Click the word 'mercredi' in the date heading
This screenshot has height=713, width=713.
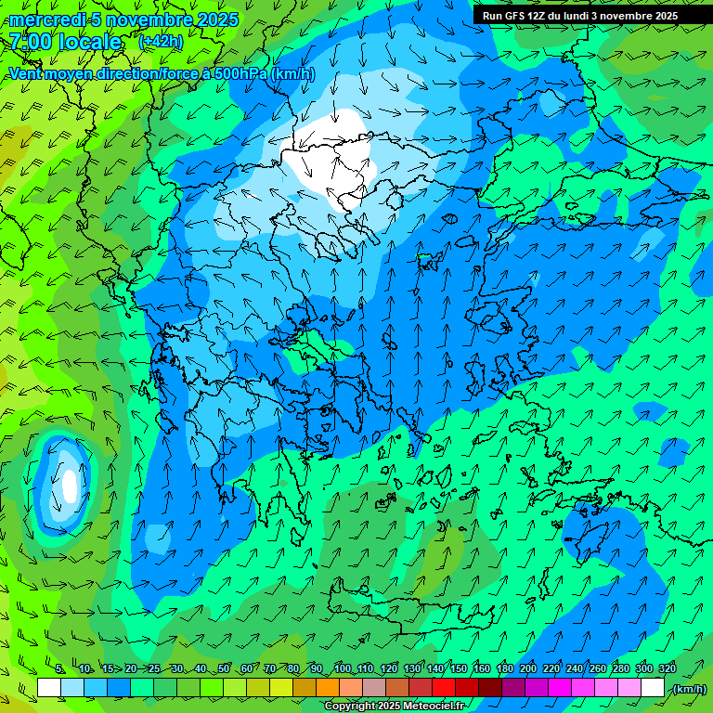click(x=43, y=19)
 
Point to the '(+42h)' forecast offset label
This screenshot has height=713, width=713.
click(x=161, y=42)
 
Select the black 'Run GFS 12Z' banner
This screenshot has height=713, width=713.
click(x=580, y=16)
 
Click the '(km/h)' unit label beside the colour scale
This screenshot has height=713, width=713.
click(x=689, y=689)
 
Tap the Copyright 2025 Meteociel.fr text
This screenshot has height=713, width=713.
click(x=394, y=707)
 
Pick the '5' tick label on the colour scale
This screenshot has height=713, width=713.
click(x=59, y=668)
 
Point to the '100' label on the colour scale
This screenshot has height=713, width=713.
click(x=342, y=668)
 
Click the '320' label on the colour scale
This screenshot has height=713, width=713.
click(x=667, y=668)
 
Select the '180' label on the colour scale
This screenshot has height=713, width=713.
click(x=504, y=668)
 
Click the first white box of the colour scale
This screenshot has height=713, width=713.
click(x=49, y=688)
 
